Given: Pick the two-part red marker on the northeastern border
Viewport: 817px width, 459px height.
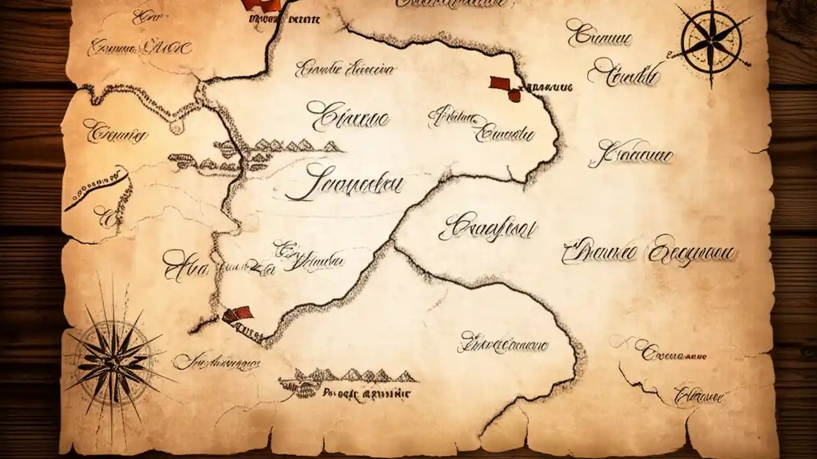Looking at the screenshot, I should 506,89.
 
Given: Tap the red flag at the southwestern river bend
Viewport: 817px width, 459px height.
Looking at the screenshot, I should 238,313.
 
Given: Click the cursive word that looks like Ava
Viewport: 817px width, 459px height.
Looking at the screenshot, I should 185,265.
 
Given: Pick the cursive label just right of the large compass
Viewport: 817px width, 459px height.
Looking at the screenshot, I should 217,362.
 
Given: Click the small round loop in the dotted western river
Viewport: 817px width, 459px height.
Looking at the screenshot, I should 175,128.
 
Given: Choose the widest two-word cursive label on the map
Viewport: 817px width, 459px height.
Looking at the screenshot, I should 648,252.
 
